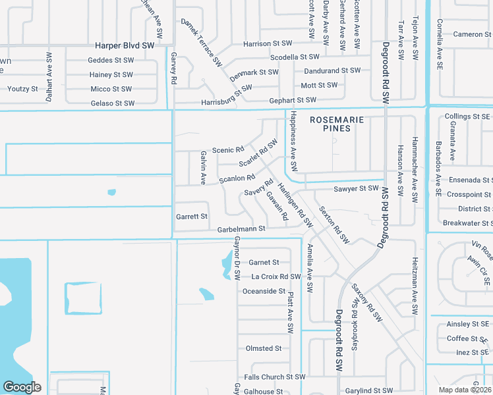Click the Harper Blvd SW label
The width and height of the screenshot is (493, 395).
pyautogui.click(x=125, y=45)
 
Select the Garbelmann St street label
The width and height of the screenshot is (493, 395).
pyautogui.click(x=241, y=229)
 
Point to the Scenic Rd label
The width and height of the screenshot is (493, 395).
pyautogui.click(x=228, y=150)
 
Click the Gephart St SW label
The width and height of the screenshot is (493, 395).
pyautogui.click(x=293, y=101)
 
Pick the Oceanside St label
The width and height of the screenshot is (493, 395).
pyautogui.click(x=264, y=291)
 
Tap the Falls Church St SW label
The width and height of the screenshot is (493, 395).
pyautogui.click(x=275, y=377)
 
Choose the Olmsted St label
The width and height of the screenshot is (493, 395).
pyautogui.click(x=264, y=348)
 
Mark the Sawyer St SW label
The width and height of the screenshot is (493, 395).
pyautogui.click(x=356, y=188)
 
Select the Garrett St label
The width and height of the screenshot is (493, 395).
pyautogui.click(x=192, y=216)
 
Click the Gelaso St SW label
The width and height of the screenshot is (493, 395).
pyautogui.click(x=113, y=103)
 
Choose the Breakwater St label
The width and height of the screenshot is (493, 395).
pyautogui.click(x=467, y=223)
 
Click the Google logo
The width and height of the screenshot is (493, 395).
pyautogui.click(x=22, y=387)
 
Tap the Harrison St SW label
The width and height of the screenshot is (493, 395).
pyautogui.click(x=267, y=43)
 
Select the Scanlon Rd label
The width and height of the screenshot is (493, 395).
pyautogui.click(x=237, y=178)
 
